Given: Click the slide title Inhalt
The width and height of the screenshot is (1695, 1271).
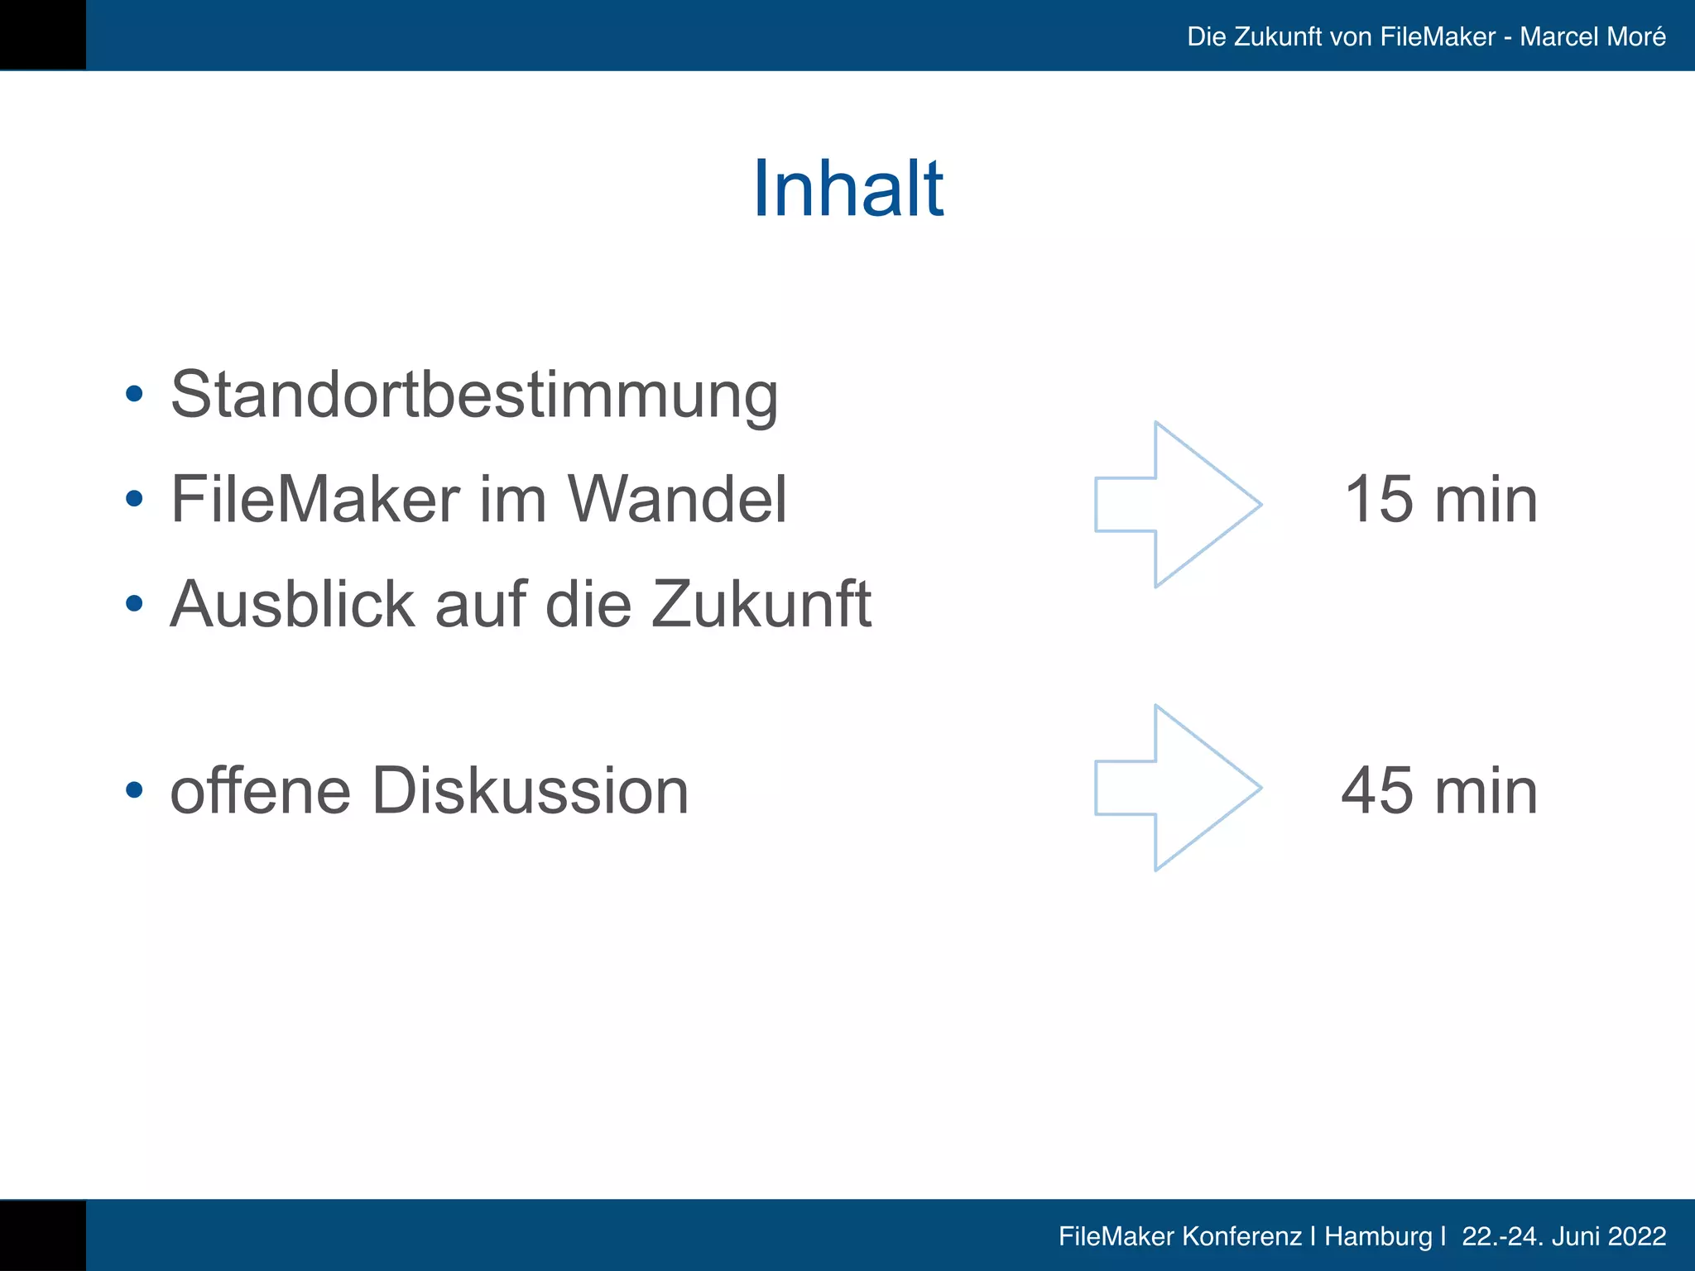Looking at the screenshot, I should point(847,189).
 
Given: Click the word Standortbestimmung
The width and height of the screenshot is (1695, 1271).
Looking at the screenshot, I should point(474,396).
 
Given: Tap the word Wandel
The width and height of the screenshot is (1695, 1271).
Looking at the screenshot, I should point(676,500).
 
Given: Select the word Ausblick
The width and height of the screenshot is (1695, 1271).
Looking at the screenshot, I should point(292,604).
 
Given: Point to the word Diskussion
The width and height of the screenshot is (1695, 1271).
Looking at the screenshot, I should point(530,791).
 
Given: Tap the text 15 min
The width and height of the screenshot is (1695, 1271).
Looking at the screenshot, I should point(1440,500).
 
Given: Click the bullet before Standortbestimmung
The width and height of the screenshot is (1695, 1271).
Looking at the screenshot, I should point(134,395).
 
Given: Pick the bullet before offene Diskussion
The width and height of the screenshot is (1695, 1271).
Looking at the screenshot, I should point(134,790).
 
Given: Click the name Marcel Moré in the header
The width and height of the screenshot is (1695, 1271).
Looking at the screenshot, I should point(1592,36).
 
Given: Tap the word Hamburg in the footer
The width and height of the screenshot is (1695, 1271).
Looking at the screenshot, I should point(1377,1236).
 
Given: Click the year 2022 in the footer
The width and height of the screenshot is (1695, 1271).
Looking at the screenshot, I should point(1638,1236).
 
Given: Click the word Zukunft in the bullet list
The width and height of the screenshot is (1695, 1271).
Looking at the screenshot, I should point(761,604).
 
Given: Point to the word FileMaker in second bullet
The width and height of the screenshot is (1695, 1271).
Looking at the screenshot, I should point(315,500).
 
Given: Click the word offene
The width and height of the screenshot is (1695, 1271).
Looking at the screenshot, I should point(261,791).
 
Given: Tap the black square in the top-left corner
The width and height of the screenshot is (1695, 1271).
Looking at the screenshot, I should point(42,35).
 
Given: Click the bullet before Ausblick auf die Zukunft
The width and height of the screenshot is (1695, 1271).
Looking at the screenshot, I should point(134,604).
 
